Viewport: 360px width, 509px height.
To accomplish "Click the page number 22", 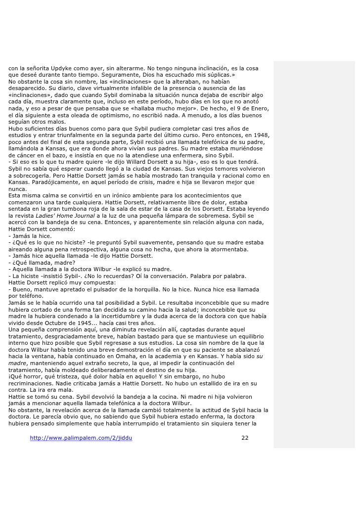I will point(244,438).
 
